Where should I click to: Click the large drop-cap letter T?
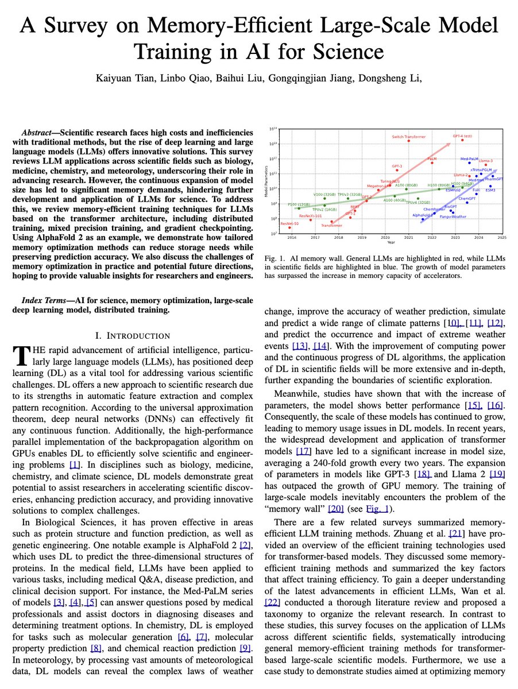20,355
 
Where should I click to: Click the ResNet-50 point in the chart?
289,227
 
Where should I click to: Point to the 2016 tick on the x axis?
292,237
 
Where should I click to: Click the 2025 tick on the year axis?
501,237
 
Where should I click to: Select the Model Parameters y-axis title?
265,181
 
